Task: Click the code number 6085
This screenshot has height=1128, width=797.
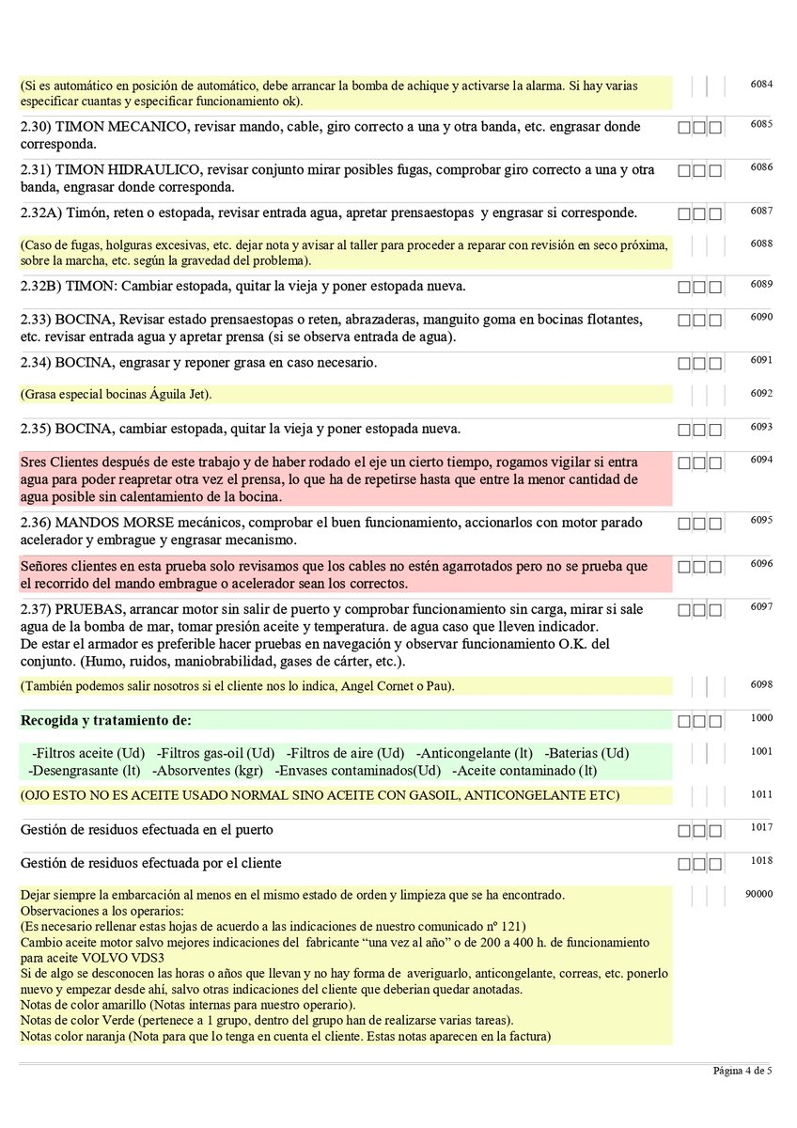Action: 761,123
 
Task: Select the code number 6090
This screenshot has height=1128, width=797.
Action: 761,317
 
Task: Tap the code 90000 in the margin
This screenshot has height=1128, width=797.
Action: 758,894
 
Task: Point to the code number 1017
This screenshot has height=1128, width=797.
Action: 761,827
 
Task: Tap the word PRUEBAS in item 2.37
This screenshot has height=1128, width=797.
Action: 87,609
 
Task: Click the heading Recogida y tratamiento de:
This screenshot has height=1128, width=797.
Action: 105,721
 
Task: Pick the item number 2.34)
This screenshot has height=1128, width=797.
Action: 37,363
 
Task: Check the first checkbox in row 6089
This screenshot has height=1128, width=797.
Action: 684,286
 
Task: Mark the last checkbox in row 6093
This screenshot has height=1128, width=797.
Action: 715,431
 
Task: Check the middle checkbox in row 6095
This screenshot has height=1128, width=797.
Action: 699,523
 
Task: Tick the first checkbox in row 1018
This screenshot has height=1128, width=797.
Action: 684,863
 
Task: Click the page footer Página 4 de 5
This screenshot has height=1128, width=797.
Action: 742,1072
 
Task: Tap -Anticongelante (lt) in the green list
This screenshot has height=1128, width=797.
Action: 474,753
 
